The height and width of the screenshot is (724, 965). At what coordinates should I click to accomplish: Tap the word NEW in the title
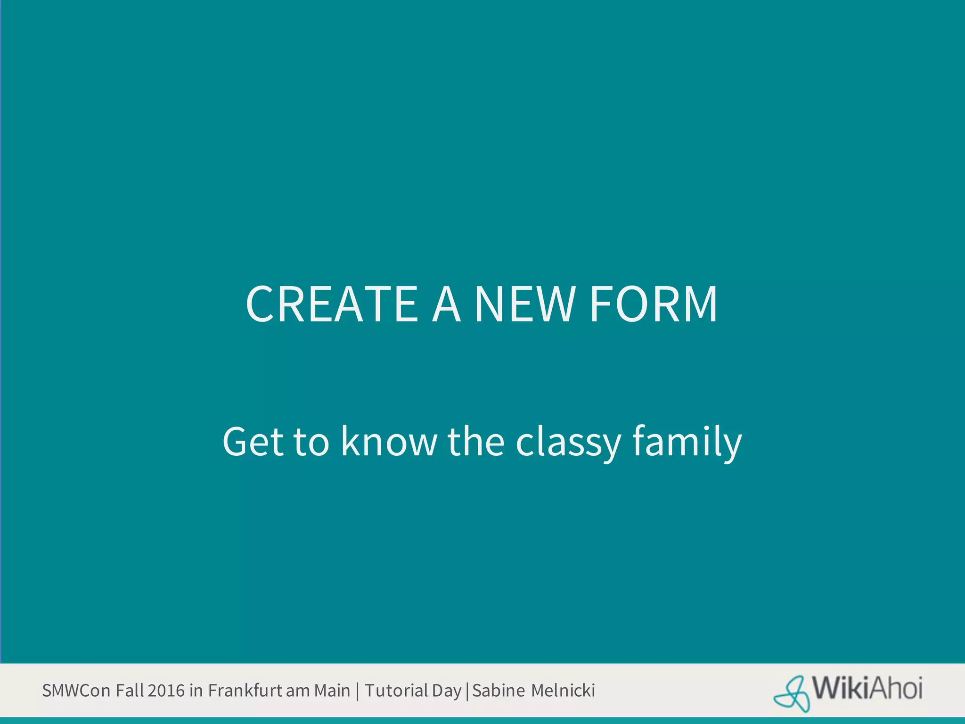(524, 304)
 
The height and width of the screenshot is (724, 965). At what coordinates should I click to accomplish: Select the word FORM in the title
(654, 304)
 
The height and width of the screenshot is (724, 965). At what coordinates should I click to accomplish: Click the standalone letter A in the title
(446, 304)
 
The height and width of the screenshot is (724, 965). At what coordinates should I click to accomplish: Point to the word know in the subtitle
(389, 442)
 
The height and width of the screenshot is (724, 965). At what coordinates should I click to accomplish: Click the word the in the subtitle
(476, 442)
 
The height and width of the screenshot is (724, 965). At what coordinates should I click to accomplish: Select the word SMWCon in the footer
(76, 691)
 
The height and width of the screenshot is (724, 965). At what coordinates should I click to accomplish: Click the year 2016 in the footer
(166, 691)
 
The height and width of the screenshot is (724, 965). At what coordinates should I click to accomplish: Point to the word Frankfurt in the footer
(245, 691)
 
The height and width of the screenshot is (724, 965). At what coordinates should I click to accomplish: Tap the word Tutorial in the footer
(396, 691)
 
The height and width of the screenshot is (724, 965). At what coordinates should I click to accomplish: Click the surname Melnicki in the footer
(563, 691)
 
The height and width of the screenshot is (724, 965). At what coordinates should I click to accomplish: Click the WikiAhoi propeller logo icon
(792, 693)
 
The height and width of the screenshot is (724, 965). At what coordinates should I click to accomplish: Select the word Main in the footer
(332, 691)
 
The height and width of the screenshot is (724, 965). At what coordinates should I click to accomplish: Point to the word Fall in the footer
(130, 691)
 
